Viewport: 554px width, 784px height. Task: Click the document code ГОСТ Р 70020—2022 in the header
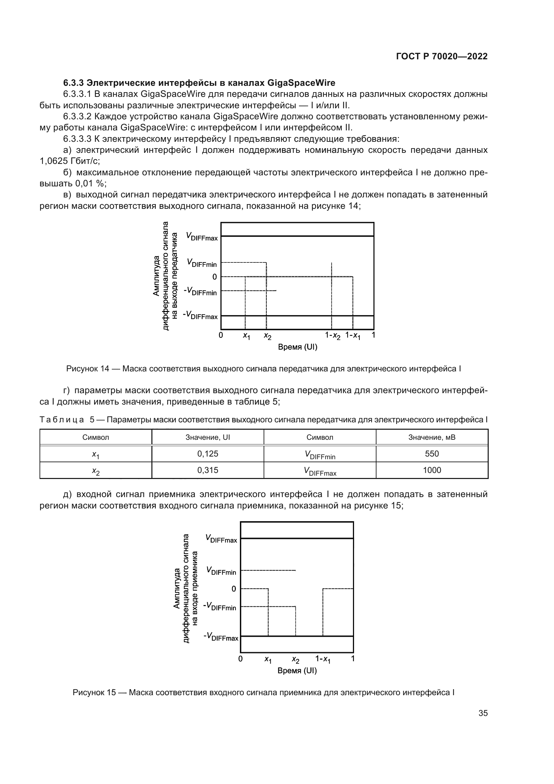pos(442,56)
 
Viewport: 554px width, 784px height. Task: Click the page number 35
pos(483,713)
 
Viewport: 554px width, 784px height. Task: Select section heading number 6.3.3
pos(74,83)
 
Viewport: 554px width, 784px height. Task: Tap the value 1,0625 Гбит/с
pos(70,161)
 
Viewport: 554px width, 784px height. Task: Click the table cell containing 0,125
pos(207,454)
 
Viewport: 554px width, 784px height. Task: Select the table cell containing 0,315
pos(207,470)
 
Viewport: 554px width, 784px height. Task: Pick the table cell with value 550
pos(431,454)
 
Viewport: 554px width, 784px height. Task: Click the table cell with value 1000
pos(431,470)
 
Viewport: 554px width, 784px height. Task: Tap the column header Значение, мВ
pos(431,437)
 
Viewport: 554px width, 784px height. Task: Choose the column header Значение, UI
pos(207,437)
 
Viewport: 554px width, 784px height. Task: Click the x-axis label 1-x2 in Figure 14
pos(333,336)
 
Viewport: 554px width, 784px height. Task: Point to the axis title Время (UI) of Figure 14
pos(297,347)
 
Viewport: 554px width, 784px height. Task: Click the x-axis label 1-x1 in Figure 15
pos(323,659)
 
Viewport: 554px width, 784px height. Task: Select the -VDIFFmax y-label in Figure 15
pos(221,636)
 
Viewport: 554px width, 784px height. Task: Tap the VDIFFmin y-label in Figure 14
pos(201,263)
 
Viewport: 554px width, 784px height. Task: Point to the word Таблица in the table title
pos(62,420)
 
